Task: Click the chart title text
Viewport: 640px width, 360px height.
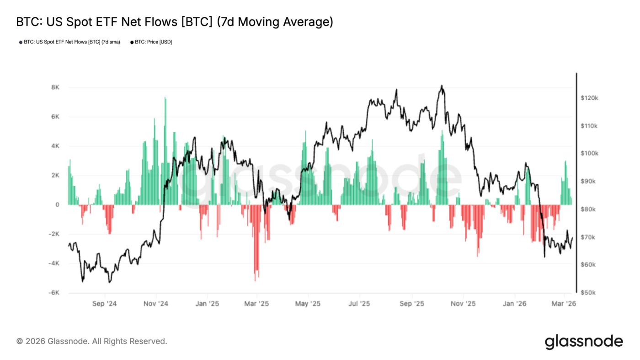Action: pos(174,21)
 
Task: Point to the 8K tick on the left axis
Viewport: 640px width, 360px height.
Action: pos(55,87)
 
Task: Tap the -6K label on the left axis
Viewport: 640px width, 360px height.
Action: pos(54,293)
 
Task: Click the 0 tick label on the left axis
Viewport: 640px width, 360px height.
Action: pos(57,204)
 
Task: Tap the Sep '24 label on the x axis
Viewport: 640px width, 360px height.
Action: pos(105,304)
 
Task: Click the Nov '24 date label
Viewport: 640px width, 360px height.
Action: pos(156,304)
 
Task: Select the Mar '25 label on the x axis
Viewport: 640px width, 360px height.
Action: pos(257,304)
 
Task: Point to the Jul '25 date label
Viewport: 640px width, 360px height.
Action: pos(359,304)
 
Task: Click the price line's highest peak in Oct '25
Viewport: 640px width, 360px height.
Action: pos(441,86)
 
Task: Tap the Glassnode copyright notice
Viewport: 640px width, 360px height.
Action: pos(91,341)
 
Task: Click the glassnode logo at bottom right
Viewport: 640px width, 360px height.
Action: pos(584,342)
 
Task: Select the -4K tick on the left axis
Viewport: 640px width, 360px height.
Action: pos(54,263)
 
